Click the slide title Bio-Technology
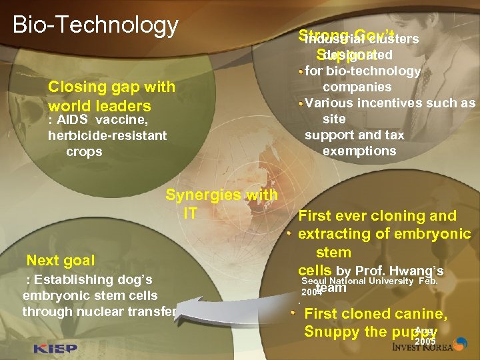click(95, 25)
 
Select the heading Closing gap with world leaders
click(111, 96)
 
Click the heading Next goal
click(61, 260)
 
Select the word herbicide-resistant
click(107, 135)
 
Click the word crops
click(84, 151)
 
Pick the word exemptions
click(359, 151)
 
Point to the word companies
click(357, 87)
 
